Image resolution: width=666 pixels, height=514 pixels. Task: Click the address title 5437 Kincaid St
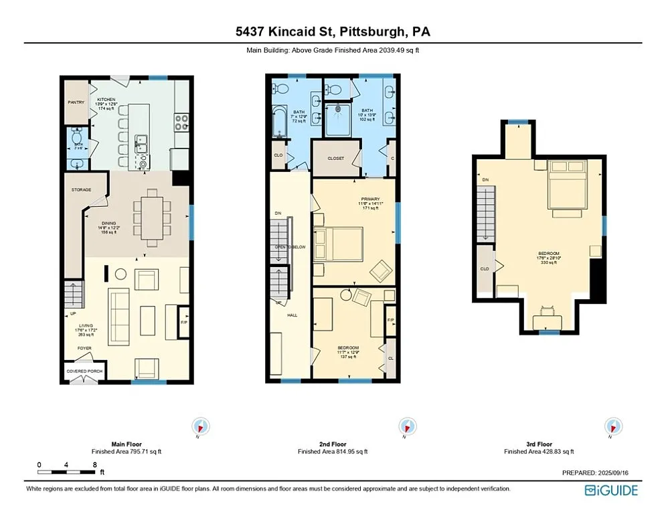333,31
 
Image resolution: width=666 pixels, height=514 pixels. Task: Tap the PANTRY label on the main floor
75,102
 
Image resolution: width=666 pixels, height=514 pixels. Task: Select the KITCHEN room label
106,99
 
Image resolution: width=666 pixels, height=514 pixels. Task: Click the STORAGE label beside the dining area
81,189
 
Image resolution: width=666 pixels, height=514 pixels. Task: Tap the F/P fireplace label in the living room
184,322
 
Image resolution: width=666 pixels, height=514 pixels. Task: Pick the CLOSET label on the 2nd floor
335,159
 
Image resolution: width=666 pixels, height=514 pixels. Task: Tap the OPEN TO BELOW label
290,247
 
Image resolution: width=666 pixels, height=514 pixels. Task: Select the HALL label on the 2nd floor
293,315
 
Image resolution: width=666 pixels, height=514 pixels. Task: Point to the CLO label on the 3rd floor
484,269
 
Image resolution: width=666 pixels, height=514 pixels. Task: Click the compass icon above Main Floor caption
200,426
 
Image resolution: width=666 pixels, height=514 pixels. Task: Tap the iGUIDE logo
610,491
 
